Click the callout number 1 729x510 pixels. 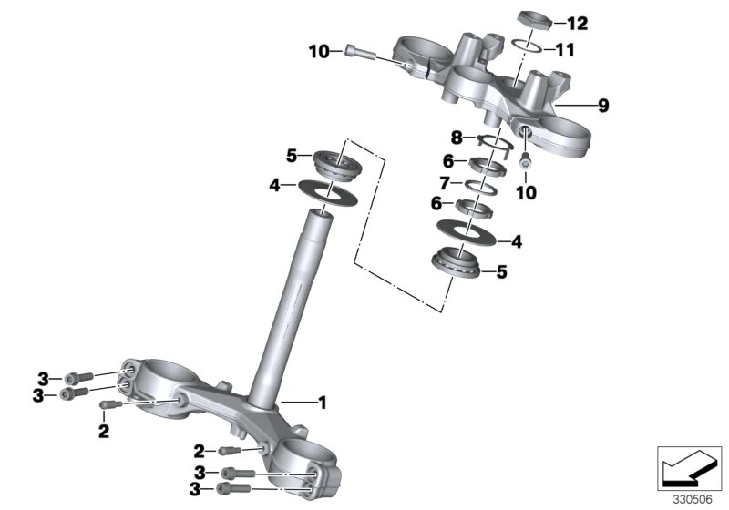(320, 401)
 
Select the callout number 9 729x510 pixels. (602, 106)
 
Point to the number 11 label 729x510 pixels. (564, 49)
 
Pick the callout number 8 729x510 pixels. (457, 138)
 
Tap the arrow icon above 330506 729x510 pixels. (691, 466)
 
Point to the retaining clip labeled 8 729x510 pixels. (492, 139)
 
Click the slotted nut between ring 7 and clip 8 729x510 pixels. (488, 165)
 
